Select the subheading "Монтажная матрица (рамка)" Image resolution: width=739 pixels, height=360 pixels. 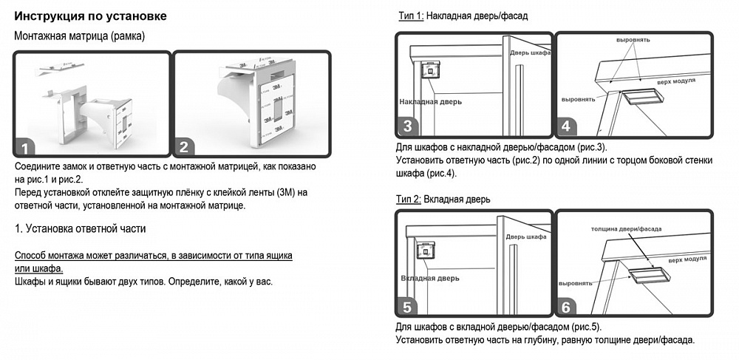[x=79, y=35]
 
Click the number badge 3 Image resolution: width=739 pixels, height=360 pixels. [x=406, y=126]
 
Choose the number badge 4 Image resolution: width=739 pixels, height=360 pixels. [x=566, y=126]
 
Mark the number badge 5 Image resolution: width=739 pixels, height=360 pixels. [x=406, y=306]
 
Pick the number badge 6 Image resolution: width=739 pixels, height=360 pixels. [x=566, y=306]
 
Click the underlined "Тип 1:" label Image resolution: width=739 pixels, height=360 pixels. [x=411, y=16]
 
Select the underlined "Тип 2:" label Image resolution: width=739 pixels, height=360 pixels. [x=411, y=199]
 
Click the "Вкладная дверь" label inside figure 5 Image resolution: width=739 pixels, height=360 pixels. [x=429, y=279]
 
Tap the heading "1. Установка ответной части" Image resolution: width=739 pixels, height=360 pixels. [x=81, y=228]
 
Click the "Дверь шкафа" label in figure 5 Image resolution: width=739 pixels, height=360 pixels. [x=525, y=237]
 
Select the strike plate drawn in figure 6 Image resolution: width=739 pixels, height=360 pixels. [x=649, y=275]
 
